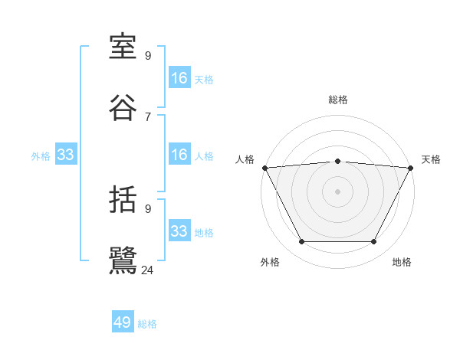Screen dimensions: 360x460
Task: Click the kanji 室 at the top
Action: click(x=123, y=48)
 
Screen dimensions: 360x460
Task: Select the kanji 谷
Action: click(x=123, y=108)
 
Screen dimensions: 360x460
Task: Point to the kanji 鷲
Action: click(x=123, y=260)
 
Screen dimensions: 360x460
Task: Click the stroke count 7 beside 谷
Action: click(x=147, y=116)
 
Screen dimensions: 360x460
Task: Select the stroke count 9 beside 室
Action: click(x=147, y=56)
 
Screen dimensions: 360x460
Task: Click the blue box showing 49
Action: click(x=123, y=322)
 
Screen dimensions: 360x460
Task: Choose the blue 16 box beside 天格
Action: click(x=179, y=78)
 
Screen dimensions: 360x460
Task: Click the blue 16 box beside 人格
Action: click(x=179, y=155)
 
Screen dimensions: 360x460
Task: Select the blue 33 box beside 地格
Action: click(x=179, y=231)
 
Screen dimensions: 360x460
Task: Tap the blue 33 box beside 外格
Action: click(x=66, y=155)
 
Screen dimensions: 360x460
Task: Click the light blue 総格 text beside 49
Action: click(x=147, y=324)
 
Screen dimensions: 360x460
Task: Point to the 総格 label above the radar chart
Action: click(x=337, y=100)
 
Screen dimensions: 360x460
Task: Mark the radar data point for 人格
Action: click(x=264, y=168)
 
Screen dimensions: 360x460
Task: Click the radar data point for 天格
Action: click(x=410, y=168)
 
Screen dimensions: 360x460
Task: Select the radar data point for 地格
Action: click(x=374, y=242)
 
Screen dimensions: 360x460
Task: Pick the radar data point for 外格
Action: click(x=301, y=242)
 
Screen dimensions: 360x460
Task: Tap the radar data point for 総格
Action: click(x=337, y=161)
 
